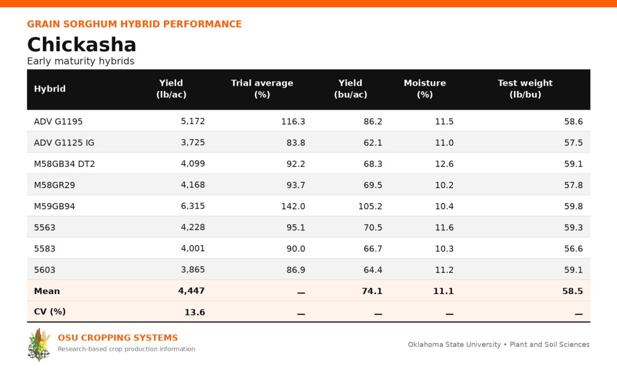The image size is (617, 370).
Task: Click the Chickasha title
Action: click(81, 45)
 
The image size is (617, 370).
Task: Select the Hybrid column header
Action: click(49, 89)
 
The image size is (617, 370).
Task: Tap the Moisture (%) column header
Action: click(425, 89)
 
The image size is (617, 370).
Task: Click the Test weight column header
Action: click(525, 89)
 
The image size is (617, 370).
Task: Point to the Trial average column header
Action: click(262, 89)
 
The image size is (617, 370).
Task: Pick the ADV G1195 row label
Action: click(58, 121)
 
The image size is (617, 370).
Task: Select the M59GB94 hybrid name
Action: click(54, 206)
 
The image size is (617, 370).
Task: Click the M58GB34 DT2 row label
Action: click(64, 164)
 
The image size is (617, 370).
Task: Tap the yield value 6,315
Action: click(193, 206)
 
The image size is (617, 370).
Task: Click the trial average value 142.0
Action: click(293, 206)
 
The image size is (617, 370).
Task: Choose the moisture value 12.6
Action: click(444, 164)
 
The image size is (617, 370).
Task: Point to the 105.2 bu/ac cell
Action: click(371, 206)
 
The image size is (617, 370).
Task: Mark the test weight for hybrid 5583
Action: click(574, 249)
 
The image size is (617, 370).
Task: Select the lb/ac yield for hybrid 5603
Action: click(193, 270)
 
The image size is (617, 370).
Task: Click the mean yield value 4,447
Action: click(191, 291)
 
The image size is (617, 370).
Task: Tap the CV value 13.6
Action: click(195, 312)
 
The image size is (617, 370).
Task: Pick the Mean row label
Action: click(47, 291)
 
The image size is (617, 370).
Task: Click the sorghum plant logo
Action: click(39, 345)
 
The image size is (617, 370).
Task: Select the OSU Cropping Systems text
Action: click(117, 337)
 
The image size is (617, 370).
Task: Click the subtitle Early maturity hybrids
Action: click(81, 61)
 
